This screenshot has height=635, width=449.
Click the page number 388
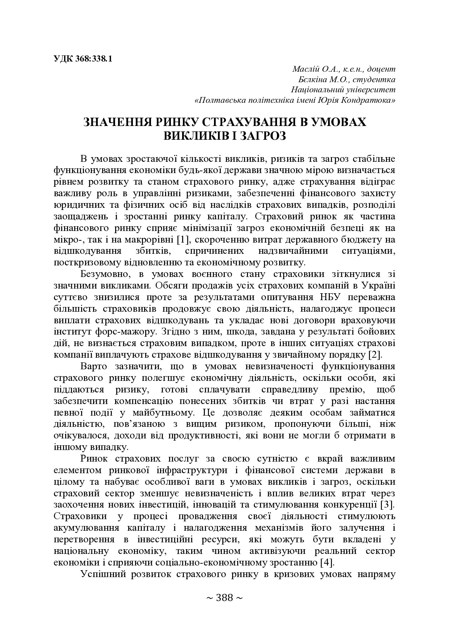(x=224, y=598)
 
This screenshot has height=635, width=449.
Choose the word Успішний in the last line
(x=102, y=575)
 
